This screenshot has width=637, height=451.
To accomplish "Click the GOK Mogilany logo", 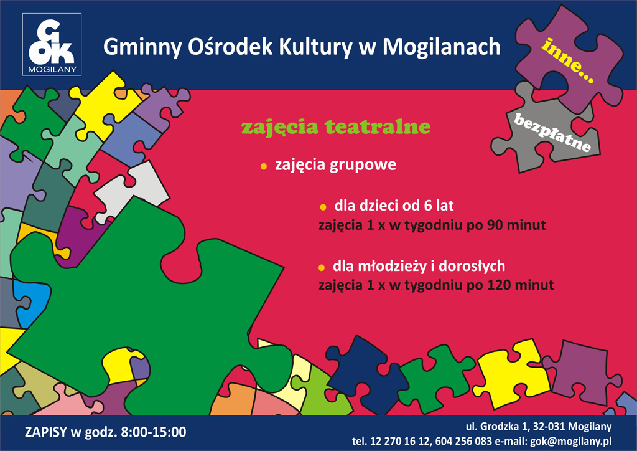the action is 52,44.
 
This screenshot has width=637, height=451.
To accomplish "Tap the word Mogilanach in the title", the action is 441,47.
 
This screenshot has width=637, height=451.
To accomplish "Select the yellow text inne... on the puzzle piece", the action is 567,60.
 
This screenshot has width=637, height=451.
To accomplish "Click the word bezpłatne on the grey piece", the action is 552,132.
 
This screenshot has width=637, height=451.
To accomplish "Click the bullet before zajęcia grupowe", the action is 264,166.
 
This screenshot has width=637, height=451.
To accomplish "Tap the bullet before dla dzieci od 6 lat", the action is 323,207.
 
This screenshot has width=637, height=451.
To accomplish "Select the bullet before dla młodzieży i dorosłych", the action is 322,268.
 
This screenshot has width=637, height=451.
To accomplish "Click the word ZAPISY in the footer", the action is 45,432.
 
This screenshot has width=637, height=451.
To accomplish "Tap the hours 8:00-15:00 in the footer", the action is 154,432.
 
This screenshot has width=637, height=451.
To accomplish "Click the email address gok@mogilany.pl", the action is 571,441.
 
